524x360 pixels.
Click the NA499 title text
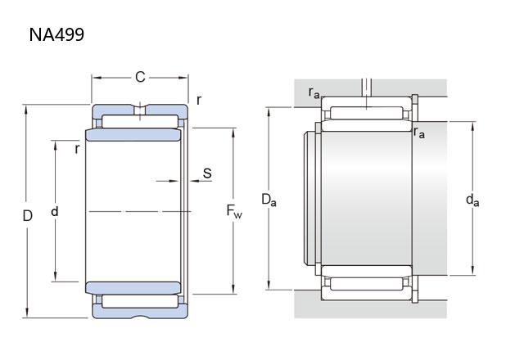pos(56,34)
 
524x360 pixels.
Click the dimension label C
pos(140,77)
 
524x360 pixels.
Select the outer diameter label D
pos(27,216)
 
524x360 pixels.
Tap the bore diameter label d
pos(55,211)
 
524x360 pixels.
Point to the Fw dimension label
pos(234,211)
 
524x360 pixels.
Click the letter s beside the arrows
pos(207,173)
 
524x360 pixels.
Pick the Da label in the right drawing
pos(269,200)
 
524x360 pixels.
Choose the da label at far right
pos(472,200)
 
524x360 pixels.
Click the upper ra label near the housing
pos(314,92)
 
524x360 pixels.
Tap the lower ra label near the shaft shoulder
pos(418,133)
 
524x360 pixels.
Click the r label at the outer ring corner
pos(199,100)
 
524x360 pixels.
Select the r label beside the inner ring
pos(77,149)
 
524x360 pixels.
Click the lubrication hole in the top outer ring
pos(140,110)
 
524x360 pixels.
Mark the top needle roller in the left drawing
pos(140,122)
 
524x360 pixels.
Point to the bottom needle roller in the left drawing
pos(140,301)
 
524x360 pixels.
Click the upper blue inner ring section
pos(133,134)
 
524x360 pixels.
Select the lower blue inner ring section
pos(133,288)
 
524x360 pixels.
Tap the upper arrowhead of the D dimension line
pos(26,110)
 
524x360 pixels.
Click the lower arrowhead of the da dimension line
pos(472,271)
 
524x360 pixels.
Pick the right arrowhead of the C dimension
pos(183,78)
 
